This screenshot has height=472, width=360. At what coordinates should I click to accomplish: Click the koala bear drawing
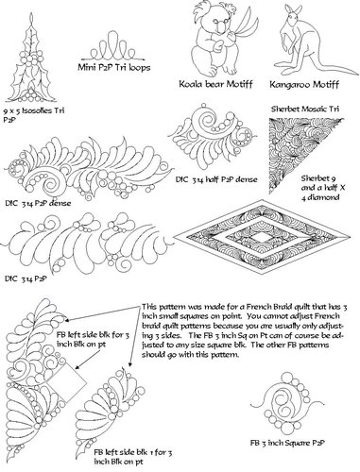point(215,42)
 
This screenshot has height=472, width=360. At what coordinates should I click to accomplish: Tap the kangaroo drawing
point(290,42)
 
